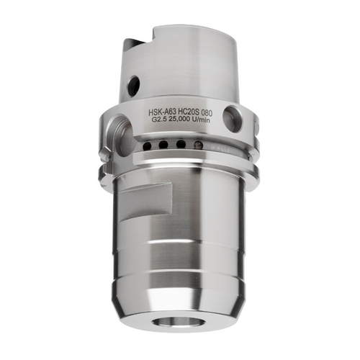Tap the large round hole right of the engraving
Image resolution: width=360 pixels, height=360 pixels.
click(235, 117)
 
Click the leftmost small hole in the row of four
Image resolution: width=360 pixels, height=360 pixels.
click(148, 144)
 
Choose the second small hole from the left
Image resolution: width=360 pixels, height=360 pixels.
click(164, 145)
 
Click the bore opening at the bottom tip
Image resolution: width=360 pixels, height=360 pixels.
click(181, 337)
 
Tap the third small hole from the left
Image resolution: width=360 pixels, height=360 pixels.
click(181, 146)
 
